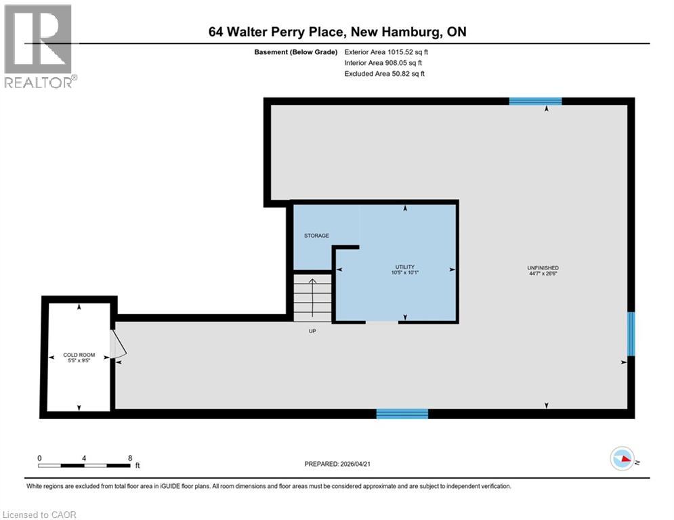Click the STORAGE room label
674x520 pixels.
coord(316,236)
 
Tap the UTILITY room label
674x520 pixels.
coord(404,267)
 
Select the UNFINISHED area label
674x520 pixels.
coord(545,268)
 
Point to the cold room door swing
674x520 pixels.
coord(118,343)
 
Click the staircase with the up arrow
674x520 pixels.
coord(312,297)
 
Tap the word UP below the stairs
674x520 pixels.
coord(312,331)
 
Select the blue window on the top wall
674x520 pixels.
coord(535,102)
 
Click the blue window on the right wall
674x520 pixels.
coord(631,333)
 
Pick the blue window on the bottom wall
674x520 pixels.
coord(402,414)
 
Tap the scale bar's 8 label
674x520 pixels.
coord(129,458)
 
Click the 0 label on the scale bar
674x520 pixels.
coord(40,458)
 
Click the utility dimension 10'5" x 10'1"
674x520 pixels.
coord(404,274)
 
